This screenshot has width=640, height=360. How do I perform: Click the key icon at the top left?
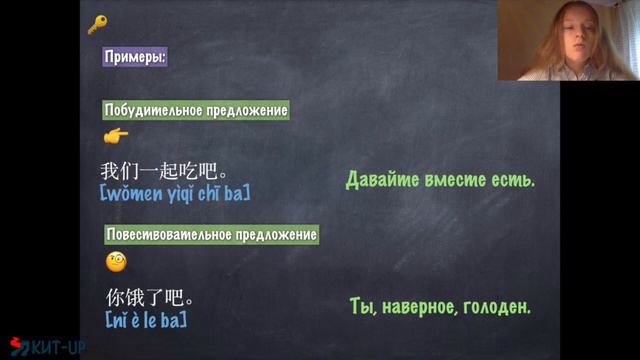(x=97, y=25)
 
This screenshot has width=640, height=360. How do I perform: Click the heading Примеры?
(x=135, y=57)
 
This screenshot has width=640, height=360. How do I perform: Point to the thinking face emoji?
(x=116, y=263)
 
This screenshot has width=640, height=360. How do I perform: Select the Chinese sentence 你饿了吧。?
(x=149, y=298)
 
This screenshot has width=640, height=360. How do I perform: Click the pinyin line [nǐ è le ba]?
(x=147, y=320)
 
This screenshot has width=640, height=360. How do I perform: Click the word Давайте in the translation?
(x=382, y=181)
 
